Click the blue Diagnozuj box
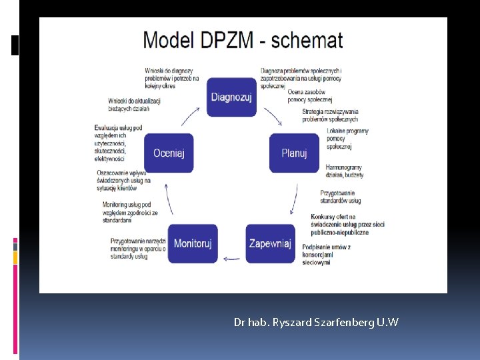tap(231, 97)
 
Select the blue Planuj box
tap(294, 153)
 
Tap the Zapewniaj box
tap(270, 243)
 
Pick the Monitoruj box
tap(193, 243)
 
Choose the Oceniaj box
tap(169, 153)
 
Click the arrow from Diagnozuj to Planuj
tap(273, 117)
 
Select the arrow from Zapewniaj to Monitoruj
tap(231, 257)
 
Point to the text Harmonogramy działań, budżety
tap(345, 171)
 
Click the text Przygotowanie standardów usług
tap(341, 197)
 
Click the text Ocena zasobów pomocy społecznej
tap(309, 95)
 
